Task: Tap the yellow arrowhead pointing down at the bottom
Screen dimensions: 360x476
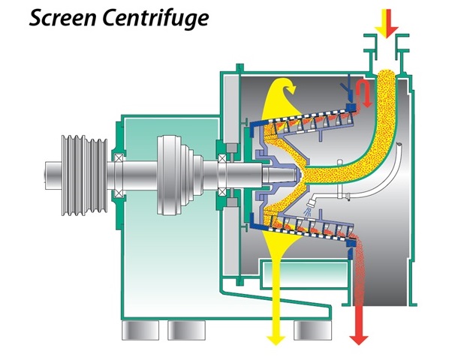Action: point(276,335)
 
